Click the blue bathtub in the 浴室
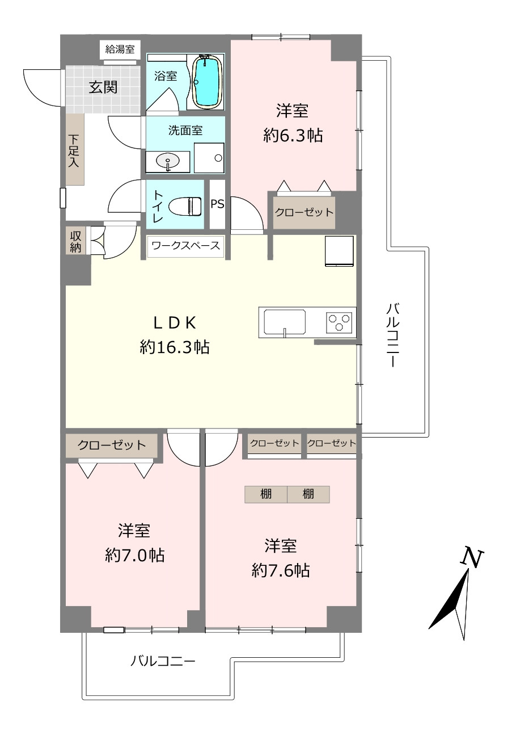[208, 82]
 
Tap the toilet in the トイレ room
[184, 205]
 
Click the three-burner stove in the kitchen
[339, 322]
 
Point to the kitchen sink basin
[285, 322]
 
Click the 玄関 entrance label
[103, 87]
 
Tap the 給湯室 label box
[120, 49]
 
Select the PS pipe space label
[217, 204]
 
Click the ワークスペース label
[186, 245]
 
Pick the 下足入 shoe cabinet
[75, 149]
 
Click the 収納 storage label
[75, 242]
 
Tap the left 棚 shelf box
[266, 494]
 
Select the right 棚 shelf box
[308, 494]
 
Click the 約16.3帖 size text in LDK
[175, 347]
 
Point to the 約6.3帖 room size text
[293, 135]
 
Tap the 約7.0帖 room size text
[134, 555]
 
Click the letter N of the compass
[471, 558]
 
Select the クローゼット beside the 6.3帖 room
[304, 212]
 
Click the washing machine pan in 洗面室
[209, 158]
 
